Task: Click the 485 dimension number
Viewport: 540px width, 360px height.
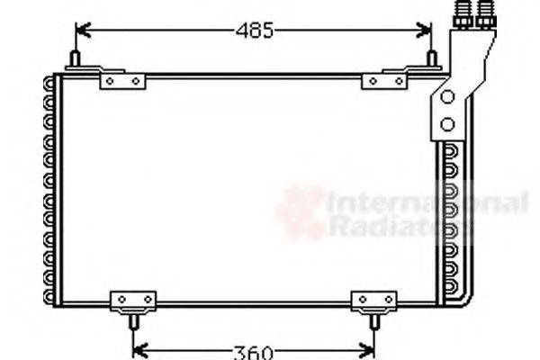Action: click(254, 31)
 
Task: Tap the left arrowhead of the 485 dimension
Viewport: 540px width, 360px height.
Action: click(81, 31)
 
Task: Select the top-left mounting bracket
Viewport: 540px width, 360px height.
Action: click(121, 80)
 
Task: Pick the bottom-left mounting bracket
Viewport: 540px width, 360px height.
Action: click(132, 300)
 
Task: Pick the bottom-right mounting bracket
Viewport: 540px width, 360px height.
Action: click(373, 300)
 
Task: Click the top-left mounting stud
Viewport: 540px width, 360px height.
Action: click(74, 59)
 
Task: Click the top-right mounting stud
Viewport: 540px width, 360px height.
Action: click(432, 59)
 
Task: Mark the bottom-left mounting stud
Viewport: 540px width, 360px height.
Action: click(132, 320)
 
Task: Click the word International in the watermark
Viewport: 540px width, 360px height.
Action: click(427, 203)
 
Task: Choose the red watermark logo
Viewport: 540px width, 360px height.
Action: click(301, 212)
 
